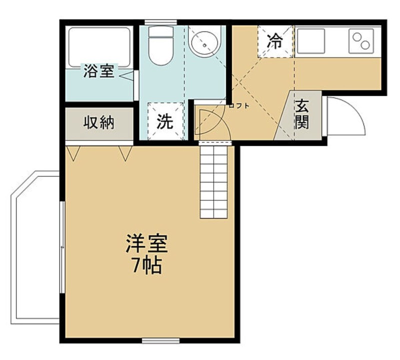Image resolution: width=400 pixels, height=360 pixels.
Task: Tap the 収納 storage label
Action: click(x=98, y=122)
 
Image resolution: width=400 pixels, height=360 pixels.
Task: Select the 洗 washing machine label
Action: click(x=165, y=122)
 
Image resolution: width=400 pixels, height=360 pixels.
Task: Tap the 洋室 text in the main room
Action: click(x=146, y=244)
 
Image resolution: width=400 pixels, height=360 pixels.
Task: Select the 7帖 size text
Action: click(x=146, y=265)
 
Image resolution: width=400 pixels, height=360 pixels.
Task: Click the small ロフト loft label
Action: click(x=238, y=105)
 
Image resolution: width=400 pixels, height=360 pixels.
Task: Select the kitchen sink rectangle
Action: click(x=310, y=40)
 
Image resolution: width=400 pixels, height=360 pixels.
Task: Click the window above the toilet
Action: click(x=160, y=21)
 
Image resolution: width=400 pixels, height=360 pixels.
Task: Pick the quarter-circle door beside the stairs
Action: click(x=211, y=124)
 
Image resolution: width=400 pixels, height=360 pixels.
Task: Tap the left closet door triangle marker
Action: click(x=73, y=152)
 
